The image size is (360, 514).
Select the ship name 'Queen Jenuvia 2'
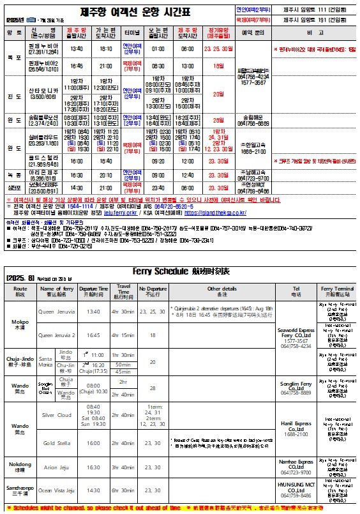click(56, 334)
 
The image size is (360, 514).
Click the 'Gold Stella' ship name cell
click(56, 442)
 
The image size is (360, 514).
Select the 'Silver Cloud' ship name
click(56, 414)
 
